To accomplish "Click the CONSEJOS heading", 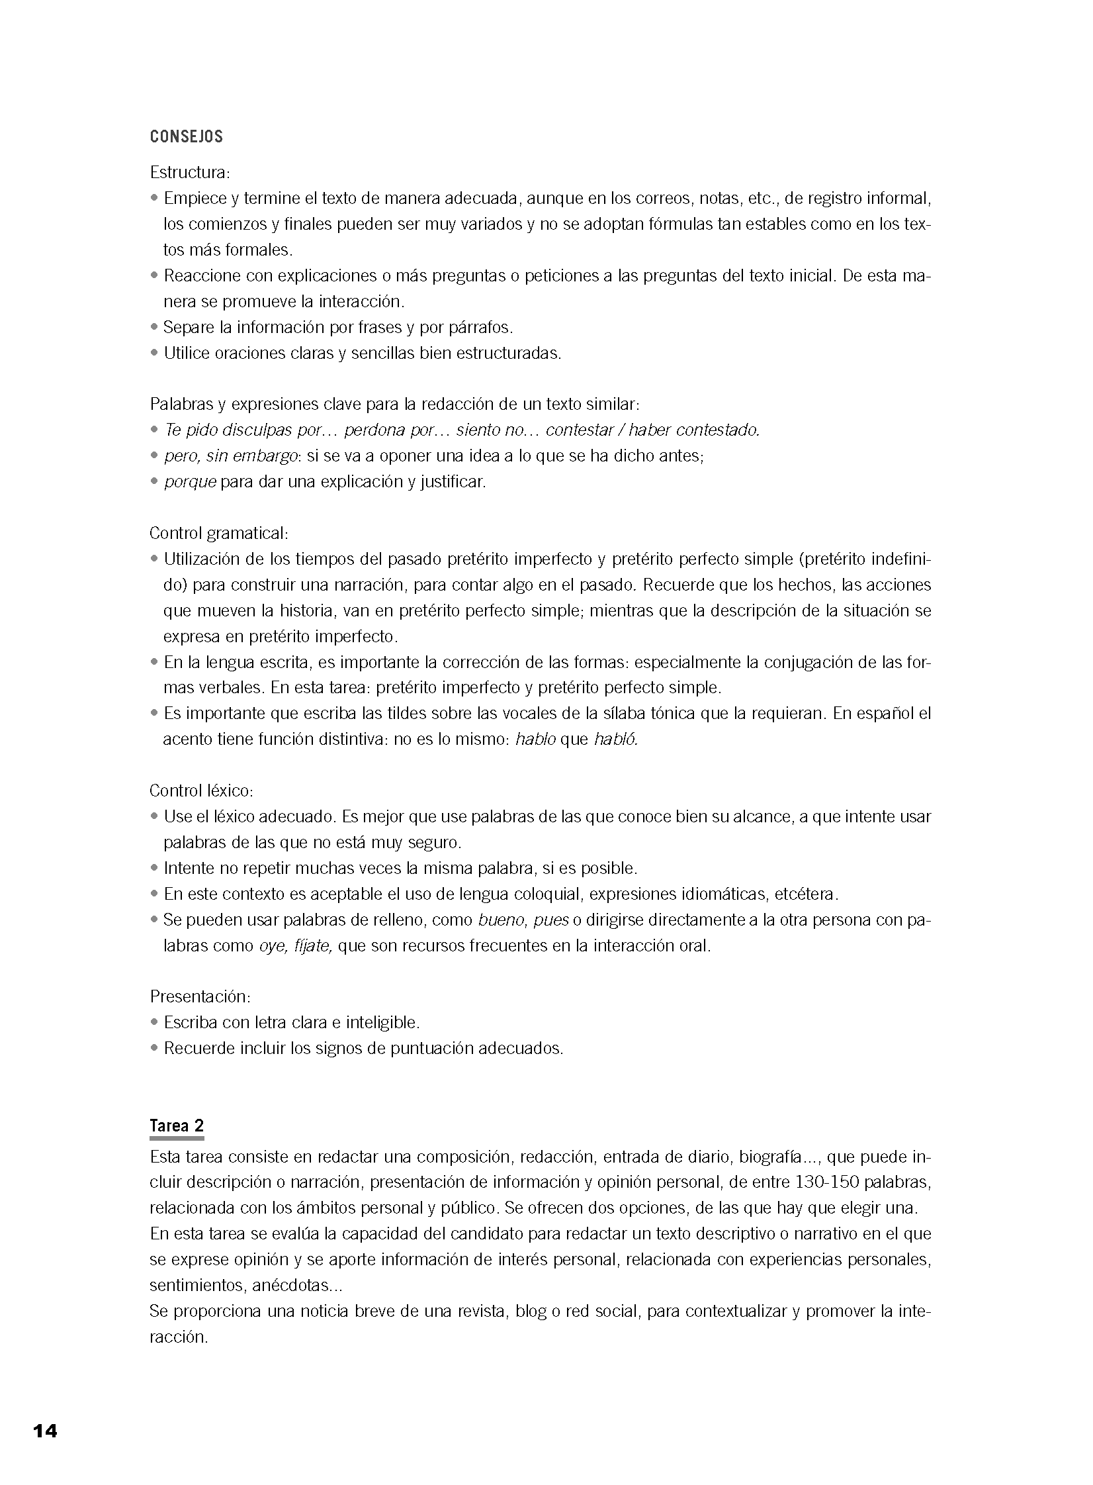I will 187,137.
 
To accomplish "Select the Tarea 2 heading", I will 177,1126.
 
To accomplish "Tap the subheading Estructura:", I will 190,173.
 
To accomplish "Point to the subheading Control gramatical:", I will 219,534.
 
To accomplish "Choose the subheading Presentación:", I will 200,997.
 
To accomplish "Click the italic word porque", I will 191,482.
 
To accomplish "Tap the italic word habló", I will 615,740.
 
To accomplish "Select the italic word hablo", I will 535,740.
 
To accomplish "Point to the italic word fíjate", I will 312,945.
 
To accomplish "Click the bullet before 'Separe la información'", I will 155,327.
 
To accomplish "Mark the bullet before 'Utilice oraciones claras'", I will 155,353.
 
